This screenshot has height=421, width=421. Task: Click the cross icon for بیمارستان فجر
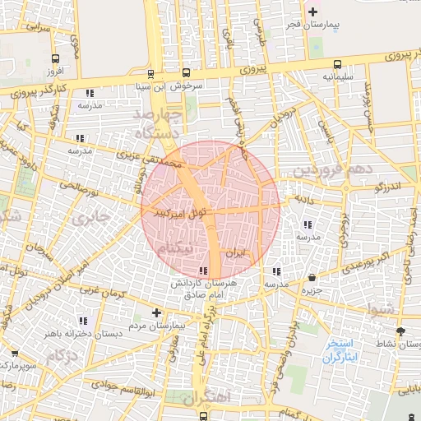point(312,12)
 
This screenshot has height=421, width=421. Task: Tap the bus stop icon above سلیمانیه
point(338,65)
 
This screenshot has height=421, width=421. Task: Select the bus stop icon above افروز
point(55,58)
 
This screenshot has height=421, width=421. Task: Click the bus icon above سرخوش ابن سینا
point(186,72)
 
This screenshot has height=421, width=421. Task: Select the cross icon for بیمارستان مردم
point(156,312)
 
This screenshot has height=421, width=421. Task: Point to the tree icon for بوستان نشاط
point(400,331)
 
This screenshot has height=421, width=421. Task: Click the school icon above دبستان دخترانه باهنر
point(82,321)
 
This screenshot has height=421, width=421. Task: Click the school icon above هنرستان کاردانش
point(203,271)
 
